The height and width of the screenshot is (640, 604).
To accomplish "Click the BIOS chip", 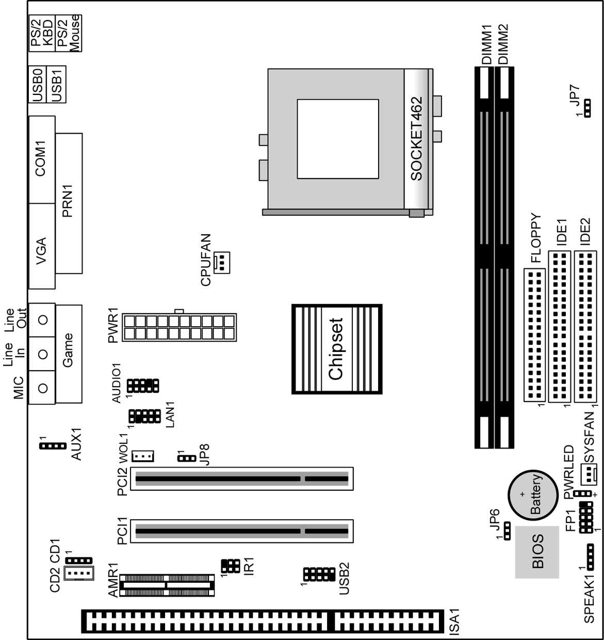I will point(537,552).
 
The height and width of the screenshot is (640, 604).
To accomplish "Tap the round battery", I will point(533,495).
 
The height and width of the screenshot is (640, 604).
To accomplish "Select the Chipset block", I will point(337,349).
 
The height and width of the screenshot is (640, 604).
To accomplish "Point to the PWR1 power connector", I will point(181,327).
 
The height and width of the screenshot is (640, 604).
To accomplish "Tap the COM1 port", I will point(42,159).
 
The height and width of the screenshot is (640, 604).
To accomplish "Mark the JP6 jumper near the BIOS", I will point(507,531).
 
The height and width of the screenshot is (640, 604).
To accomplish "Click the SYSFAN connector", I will point(588,472).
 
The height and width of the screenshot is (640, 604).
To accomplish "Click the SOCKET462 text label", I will point(416,138).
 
